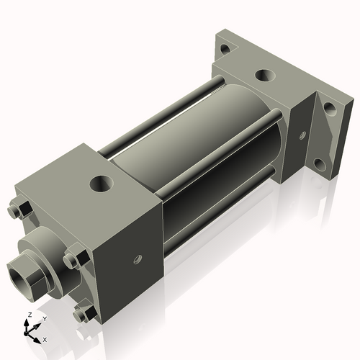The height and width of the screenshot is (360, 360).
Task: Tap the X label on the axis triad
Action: point(45,338)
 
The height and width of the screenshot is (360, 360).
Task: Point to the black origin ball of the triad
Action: point(30,332)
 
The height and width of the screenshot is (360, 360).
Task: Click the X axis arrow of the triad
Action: point(37,336)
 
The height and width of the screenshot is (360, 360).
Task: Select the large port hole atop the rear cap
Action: point(264,74)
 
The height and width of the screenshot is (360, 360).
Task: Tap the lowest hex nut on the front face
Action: point(81,313)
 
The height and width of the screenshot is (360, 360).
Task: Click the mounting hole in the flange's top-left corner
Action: point(225,49)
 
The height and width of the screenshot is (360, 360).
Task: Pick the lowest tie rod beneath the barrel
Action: point(216,216)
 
